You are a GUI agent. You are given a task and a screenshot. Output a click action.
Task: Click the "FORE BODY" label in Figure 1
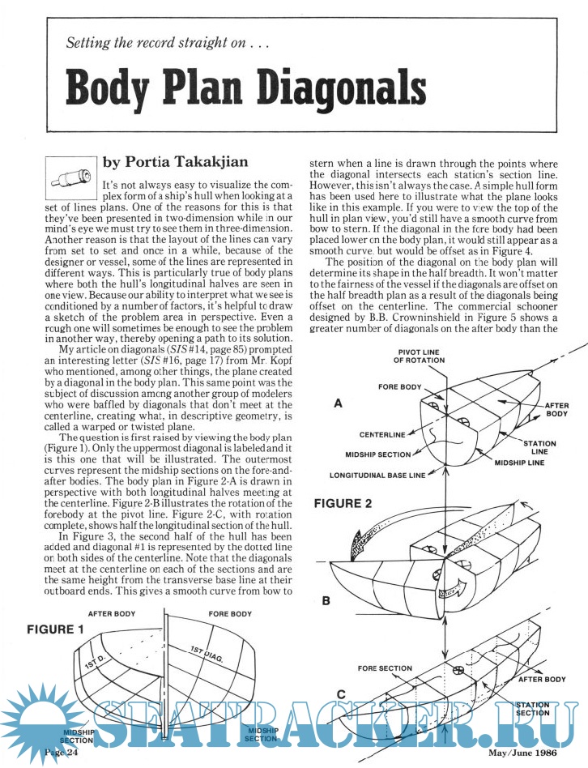coord(232,614)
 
